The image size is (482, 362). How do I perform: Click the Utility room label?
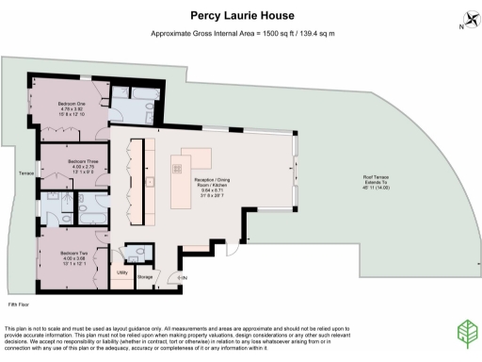click(121, 271)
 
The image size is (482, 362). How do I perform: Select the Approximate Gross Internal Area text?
click(243, 33)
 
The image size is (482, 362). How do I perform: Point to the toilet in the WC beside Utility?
click(137, 253)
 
